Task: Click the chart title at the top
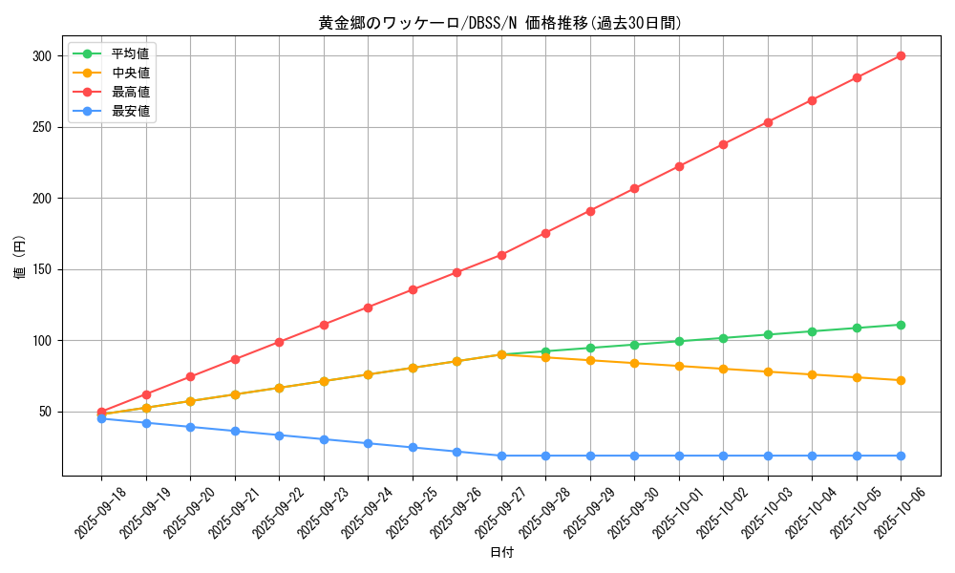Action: [x=500, y=23]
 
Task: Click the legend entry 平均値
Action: [x=130, y=53]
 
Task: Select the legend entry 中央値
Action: [x=130, y=73]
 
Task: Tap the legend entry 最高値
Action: [x=130, y=92]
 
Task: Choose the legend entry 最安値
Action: [x=130, y=111]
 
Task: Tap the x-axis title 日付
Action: [x=501, y=553]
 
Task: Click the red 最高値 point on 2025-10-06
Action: [x=901, y=55]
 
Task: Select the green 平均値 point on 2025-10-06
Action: [x=901, y=325]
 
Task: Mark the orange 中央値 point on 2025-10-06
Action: [x=901, y=380]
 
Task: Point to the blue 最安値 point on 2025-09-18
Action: [x=101, y=418]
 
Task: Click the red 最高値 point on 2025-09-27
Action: [x=501, y=255]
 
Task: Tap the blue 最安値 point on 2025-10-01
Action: [x=679, y=456]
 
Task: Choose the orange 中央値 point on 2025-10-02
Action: [x=723, y=369]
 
